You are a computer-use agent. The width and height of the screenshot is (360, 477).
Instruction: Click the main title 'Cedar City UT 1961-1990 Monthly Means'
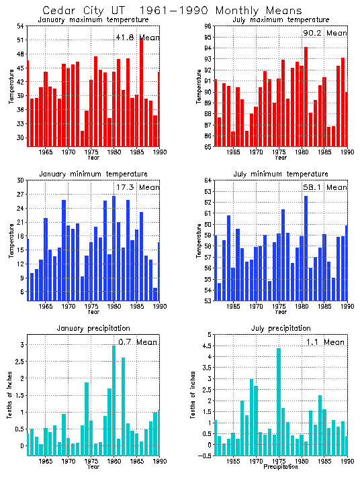tap(163, 11)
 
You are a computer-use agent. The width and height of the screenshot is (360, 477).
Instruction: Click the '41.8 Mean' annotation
tap(137, 38)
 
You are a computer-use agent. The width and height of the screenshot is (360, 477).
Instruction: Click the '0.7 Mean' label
tap(137, 342)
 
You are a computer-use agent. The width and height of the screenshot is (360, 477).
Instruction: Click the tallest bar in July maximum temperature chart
tap(306, 97)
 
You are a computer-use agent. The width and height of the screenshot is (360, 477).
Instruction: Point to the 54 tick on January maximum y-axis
tap(21, 26)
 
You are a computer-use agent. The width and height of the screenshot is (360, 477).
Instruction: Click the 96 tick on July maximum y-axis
tap(209, 26)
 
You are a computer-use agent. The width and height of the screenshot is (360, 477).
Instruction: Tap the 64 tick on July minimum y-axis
tap(209, 180)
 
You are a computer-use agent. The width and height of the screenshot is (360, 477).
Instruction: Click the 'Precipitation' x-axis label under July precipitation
tap(281, 466)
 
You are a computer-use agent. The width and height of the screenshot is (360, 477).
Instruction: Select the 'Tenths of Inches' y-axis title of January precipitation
tap(10, 401)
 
